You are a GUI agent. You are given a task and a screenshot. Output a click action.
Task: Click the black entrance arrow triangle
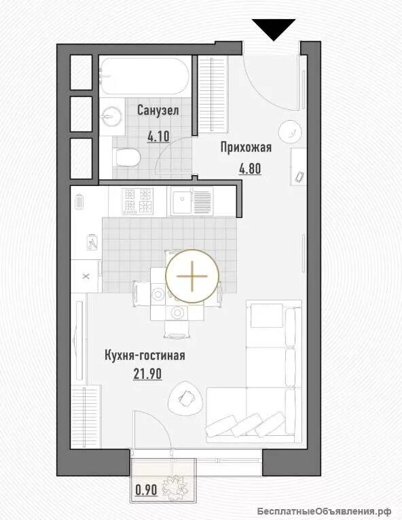(x=274, y=28)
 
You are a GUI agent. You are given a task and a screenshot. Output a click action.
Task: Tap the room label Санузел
(x=158, y=111)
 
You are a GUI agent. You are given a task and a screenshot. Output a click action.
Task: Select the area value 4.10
(x=158, y=136)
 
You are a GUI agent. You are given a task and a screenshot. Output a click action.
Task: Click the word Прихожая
(x=246, y=147)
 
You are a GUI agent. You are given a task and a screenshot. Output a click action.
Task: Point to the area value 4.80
(x=250, y=169)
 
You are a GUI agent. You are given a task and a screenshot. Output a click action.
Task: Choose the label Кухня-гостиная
(x=145, y=356)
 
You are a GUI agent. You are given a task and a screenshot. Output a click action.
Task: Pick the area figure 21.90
(x=147, y=374)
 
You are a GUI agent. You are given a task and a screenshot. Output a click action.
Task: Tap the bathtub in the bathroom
(x=145, y=76)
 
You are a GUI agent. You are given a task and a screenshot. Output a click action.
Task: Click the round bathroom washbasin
(x=111, y=116)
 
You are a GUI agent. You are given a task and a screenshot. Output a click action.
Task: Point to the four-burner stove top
(x=137, y=201)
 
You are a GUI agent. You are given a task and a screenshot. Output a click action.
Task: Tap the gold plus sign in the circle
(x=192, y=276)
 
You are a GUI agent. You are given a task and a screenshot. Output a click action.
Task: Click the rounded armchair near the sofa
(x=185, y=398)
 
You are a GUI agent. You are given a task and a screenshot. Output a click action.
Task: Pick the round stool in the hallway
(x=290, y=132)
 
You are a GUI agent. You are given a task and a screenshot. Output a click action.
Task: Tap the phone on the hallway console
(x=299, y=177)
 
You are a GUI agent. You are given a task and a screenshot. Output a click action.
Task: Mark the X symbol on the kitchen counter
(x=86, y=276)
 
